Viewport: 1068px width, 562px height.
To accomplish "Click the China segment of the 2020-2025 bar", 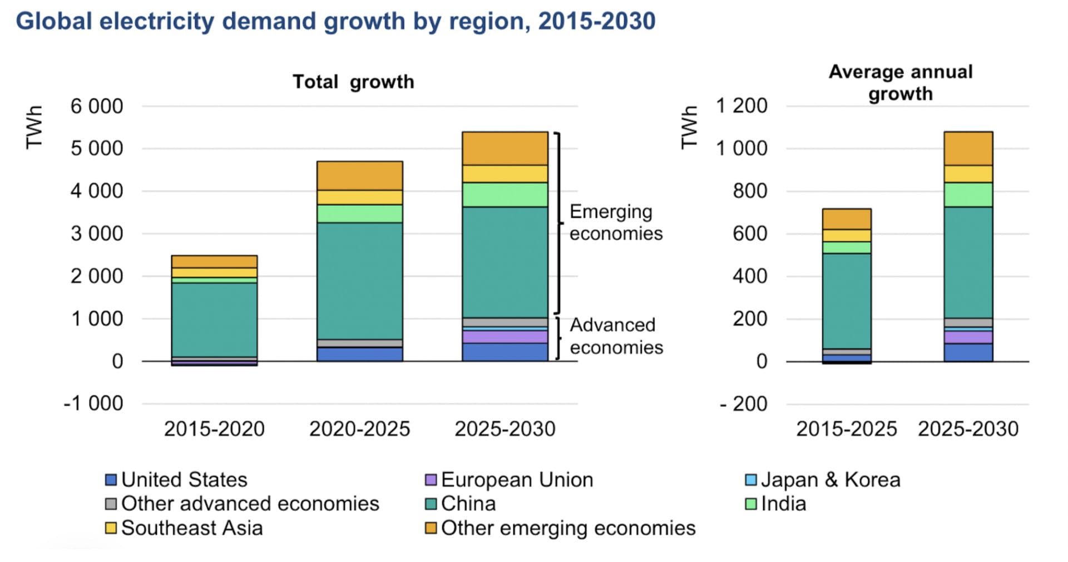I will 359,281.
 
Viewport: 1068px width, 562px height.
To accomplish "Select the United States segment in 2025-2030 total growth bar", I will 505,352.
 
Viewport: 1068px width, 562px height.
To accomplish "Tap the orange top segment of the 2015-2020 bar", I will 214,262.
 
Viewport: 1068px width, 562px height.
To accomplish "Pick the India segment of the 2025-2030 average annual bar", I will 968,195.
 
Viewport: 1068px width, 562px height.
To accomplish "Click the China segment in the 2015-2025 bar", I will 846,301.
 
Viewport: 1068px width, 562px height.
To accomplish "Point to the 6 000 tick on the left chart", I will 97,106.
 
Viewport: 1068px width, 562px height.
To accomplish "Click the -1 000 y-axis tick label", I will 93,404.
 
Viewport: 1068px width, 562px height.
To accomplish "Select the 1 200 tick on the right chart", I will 741,106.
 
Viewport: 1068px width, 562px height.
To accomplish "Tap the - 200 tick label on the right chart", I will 743,404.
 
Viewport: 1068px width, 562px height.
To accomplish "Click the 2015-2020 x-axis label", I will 214,429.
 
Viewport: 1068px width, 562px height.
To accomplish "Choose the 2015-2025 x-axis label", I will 846,429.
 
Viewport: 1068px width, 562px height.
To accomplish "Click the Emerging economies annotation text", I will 616,222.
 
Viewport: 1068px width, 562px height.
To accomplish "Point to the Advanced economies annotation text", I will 616,336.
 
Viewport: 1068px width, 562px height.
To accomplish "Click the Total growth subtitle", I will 353,82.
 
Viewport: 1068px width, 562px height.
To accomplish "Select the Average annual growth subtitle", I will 901,82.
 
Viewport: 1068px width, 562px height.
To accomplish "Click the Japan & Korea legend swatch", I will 751,480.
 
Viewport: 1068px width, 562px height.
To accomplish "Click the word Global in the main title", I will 54,21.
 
